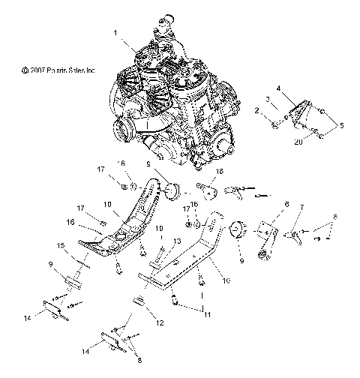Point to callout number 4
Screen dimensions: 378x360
[x=300, y=88]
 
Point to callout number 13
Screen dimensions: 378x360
[x=178, y=241]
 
